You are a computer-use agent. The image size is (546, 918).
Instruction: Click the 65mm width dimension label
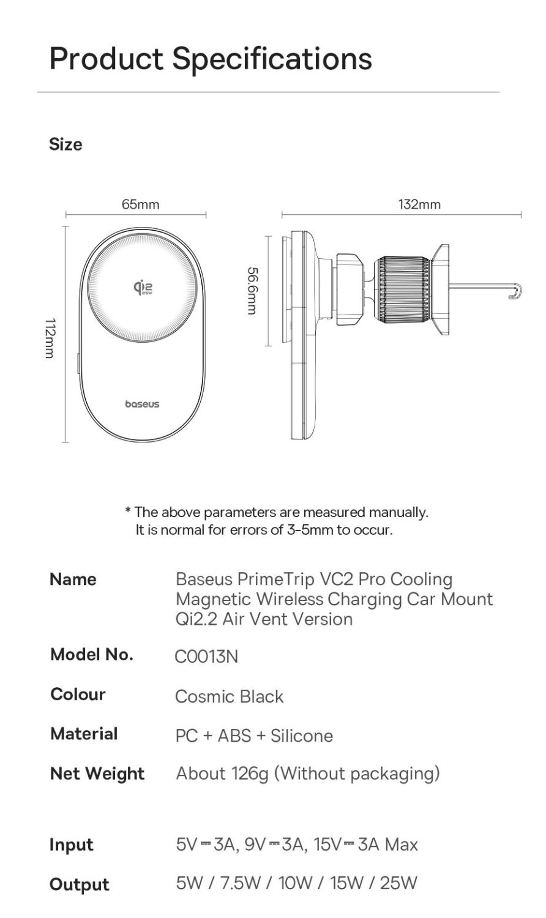pos(140,204)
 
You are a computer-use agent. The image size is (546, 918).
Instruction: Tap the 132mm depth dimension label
pos(419,204)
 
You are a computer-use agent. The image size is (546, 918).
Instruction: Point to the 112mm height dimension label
pos(51,338)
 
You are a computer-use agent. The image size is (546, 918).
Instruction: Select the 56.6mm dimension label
pos(251,290)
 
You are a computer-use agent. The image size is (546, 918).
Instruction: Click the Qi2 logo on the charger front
pos(143,287)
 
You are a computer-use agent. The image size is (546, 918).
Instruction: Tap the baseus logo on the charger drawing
pos(142,404)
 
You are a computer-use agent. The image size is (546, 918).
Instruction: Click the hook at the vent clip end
pos(515,292)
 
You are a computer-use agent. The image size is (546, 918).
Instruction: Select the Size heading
pos(65,144)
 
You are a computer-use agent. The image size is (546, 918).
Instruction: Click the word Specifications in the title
pos(272,59)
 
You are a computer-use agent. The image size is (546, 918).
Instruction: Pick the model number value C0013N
pos(206,657)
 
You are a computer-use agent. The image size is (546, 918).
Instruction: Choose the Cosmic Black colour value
pos(229,696)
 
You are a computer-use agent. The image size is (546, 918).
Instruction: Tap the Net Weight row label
pos(97,774)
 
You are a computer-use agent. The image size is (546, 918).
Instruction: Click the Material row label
pos(84,734)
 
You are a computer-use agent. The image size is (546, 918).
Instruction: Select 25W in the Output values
pos(398,883)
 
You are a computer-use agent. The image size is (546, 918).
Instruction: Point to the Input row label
pos(71,845)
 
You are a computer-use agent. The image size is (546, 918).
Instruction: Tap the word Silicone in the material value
pos(302,736)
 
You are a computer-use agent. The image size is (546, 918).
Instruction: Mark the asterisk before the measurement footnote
pos(128,511)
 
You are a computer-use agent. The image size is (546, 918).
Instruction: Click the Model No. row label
pos(91,654)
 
